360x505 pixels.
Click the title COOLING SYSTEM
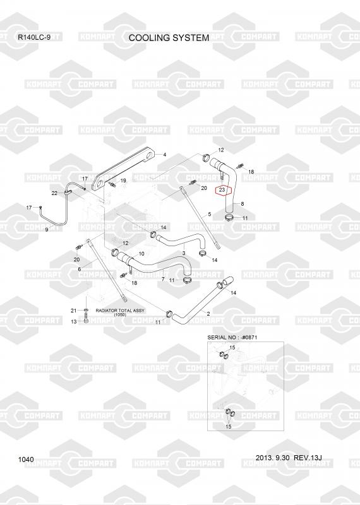pos(169,38)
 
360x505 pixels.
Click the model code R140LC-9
pos(34,37)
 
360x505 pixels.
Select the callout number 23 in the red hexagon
pos(222,190)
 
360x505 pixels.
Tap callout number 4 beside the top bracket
pos(165,155)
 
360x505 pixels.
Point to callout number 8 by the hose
pos(243,204)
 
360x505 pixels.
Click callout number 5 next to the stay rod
pos(210,214)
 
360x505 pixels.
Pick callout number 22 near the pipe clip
pos(54,193)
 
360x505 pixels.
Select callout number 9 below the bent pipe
pos(47,230)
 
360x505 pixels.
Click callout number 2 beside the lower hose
pos(208,314)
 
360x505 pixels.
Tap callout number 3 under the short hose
pos(184,254)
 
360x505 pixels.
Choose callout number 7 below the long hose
pos(163,279)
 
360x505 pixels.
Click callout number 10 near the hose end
pos(141,254)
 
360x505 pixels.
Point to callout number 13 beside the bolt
pos(74,321)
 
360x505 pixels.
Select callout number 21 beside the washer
pos(74,311)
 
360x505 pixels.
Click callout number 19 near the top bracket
pos(123,181)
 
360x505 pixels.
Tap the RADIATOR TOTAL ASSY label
pos(120,312)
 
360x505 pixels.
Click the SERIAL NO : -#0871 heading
pos(232,338)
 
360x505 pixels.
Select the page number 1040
pos(26,460)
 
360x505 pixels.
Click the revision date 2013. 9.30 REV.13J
pos(289,458)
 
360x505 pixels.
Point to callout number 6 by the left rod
pos(80,270)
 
